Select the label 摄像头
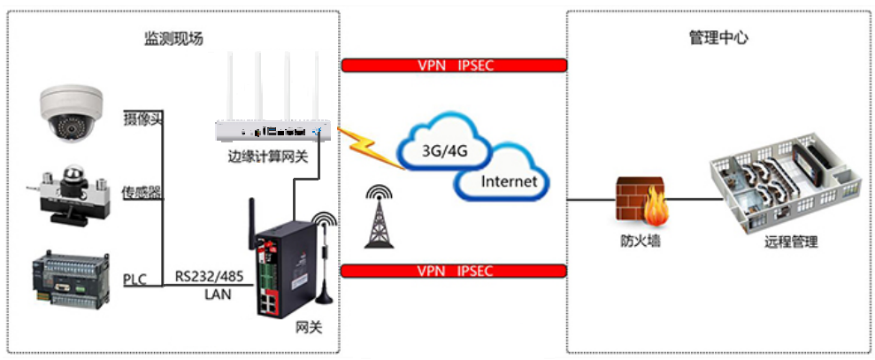pos(142,118)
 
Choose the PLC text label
pos(134,280)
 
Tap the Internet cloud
pos(507,181)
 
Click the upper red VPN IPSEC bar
pos(453,65)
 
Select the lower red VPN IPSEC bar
pos(453,270)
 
